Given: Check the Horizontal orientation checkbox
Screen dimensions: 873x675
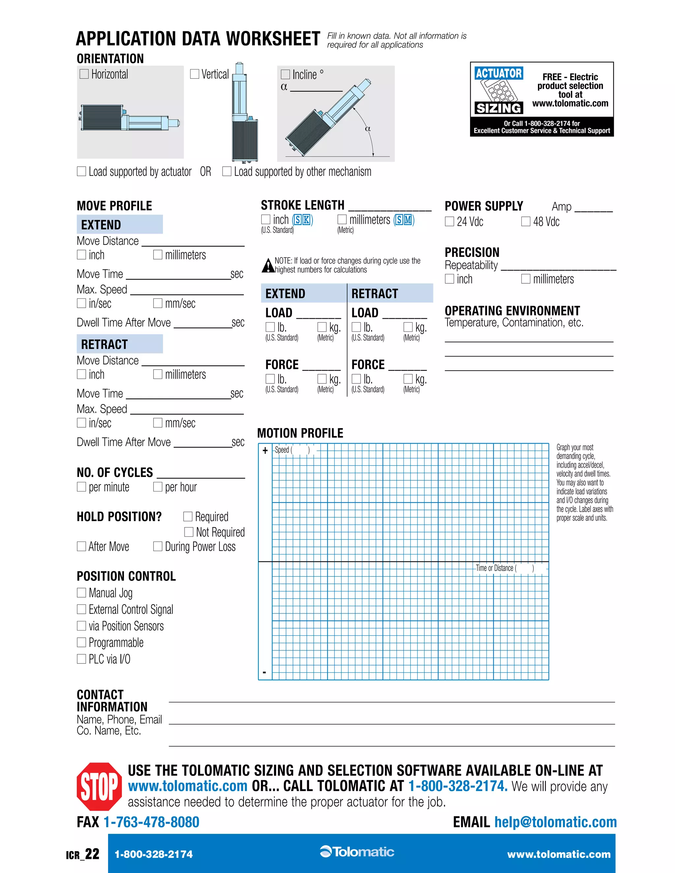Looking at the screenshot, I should click(84, 74).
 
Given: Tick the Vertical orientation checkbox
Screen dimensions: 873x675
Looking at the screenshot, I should click(195, 74).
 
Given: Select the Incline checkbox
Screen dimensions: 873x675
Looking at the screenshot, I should click(285, 74).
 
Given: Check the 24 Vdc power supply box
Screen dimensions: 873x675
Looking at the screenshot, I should click(450, 221).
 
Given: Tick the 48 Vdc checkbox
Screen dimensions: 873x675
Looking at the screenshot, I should click(526, 221).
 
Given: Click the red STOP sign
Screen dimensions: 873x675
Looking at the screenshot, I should click(99, 786).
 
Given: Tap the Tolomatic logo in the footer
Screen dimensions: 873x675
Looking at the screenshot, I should click(357, 852).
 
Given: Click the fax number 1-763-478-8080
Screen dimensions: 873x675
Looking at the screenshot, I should click(151, 822).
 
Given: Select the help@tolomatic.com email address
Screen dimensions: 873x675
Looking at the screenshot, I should click(555, 822).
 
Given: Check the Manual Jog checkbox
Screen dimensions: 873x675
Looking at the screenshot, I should click(82, 592).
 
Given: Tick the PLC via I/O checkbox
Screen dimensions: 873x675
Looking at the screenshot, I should click(82, 659).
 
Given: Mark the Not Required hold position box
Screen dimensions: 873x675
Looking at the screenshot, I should click(189, 532).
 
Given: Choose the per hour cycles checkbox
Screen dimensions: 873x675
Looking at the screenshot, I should click(158, 487).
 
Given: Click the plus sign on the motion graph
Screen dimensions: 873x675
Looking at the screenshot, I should click(265, 450).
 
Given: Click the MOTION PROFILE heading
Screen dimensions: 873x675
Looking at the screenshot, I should click(300, 433).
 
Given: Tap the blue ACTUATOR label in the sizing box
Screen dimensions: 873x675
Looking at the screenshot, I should click(499, 73).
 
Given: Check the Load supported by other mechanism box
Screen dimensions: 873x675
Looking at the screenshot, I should click(227, 172).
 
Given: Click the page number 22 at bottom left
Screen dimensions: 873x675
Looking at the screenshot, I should click(92, 854).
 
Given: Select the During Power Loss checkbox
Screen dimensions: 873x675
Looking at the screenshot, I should click(158, 547).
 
